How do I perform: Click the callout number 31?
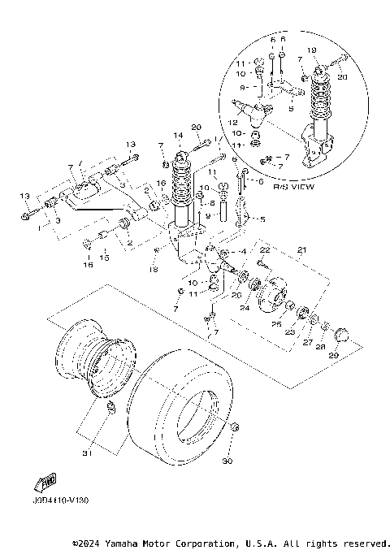[x=87, y=452]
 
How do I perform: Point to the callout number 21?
[x=301, y=249]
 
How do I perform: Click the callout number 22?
[x=265, y=249]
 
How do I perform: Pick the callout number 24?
[x=244, y=307]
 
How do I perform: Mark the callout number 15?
[x=103, y=258]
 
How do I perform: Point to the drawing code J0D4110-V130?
[x=61, y=500]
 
